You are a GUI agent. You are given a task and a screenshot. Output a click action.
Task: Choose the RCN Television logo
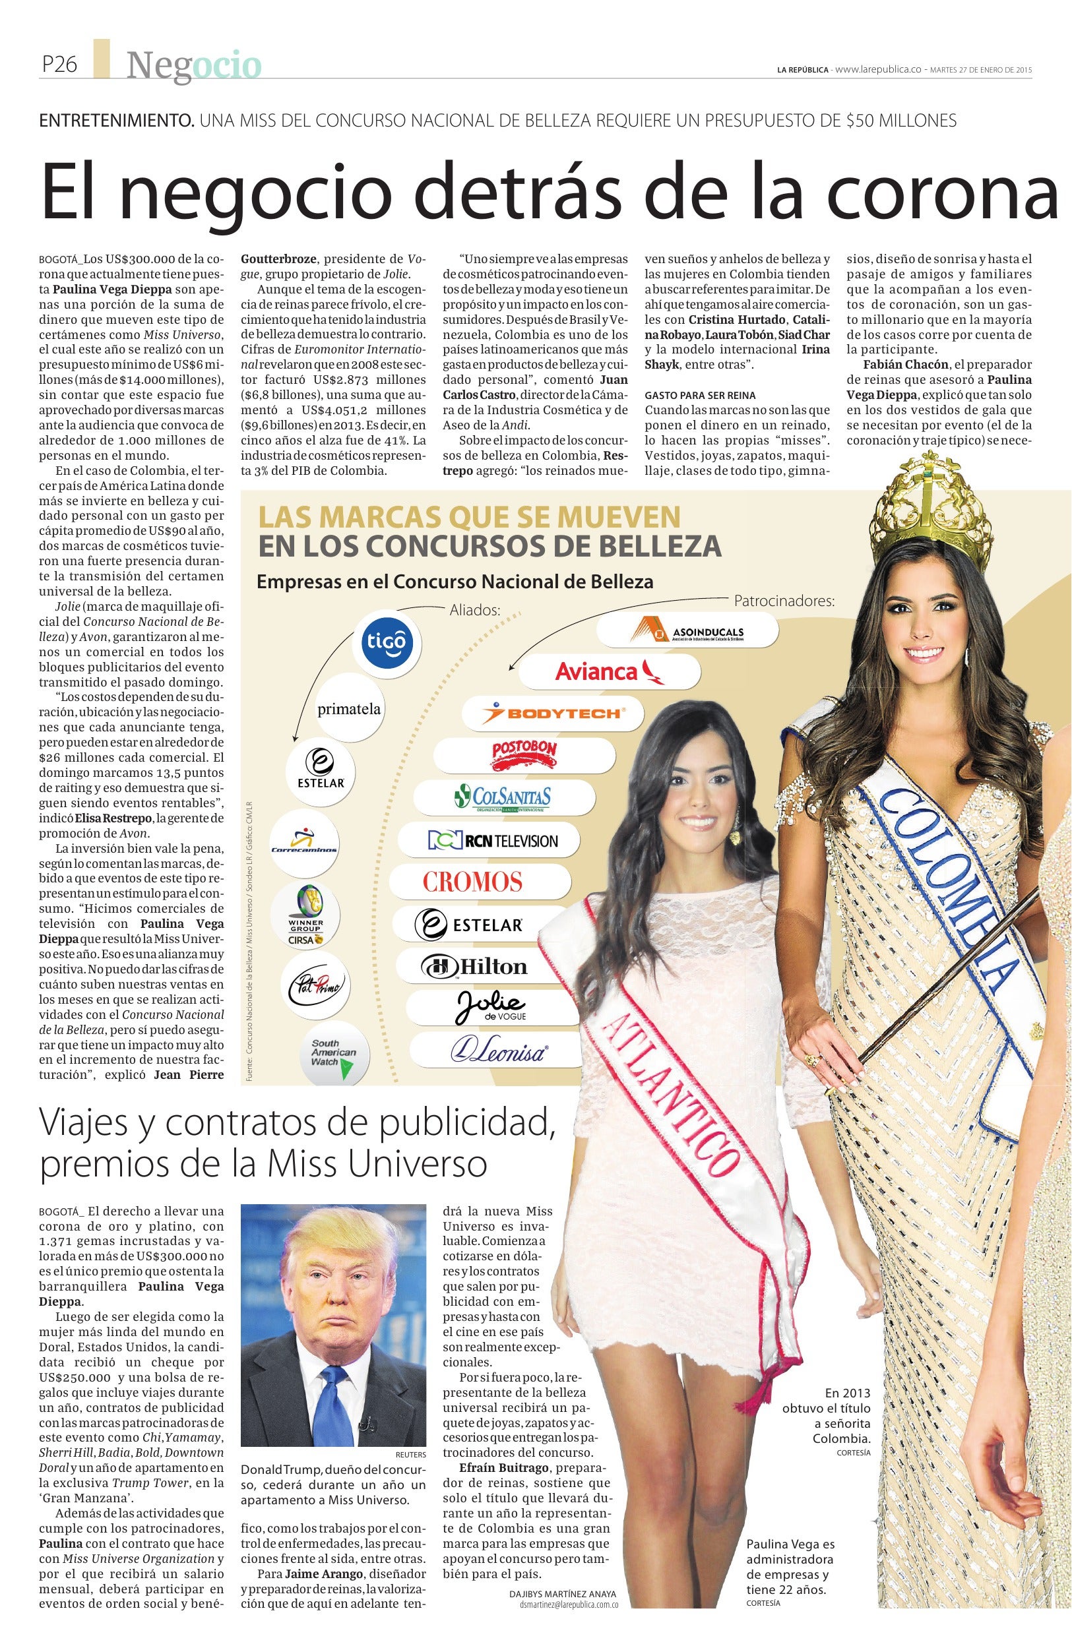click(x=493, y=841)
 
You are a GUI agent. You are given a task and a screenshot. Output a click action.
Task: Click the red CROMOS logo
click(x=473, y=882)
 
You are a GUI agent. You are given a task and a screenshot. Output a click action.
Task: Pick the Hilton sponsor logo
click(x=484, y=967)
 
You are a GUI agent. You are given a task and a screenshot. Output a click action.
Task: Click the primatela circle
click(x=348, y=709)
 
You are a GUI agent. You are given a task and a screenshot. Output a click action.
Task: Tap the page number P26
click(x=59, y=65)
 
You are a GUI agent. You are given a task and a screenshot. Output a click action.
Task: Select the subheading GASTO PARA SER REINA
click(x=699, y=394)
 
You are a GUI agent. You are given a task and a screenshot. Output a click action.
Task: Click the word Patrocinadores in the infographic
click(x=784, y=600)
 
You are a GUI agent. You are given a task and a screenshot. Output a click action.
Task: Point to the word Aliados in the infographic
click(x=475, y=610)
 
